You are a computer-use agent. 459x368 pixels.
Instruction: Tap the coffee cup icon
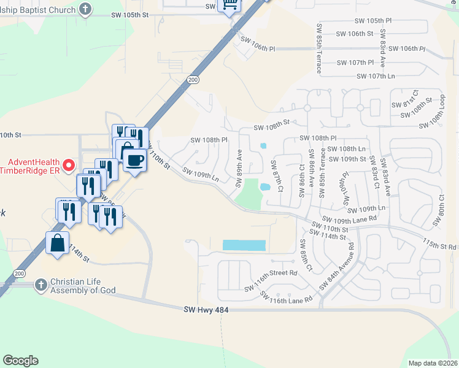[134, 161]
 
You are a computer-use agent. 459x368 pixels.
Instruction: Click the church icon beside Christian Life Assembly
[40, 285]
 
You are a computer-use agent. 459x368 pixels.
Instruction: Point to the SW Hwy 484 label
[206, 310]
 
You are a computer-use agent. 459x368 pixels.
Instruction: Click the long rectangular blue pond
[244, 245]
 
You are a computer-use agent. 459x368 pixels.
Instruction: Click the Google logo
[20, 361]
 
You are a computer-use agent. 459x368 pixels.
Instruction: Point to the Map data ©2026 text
[433, 363]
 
